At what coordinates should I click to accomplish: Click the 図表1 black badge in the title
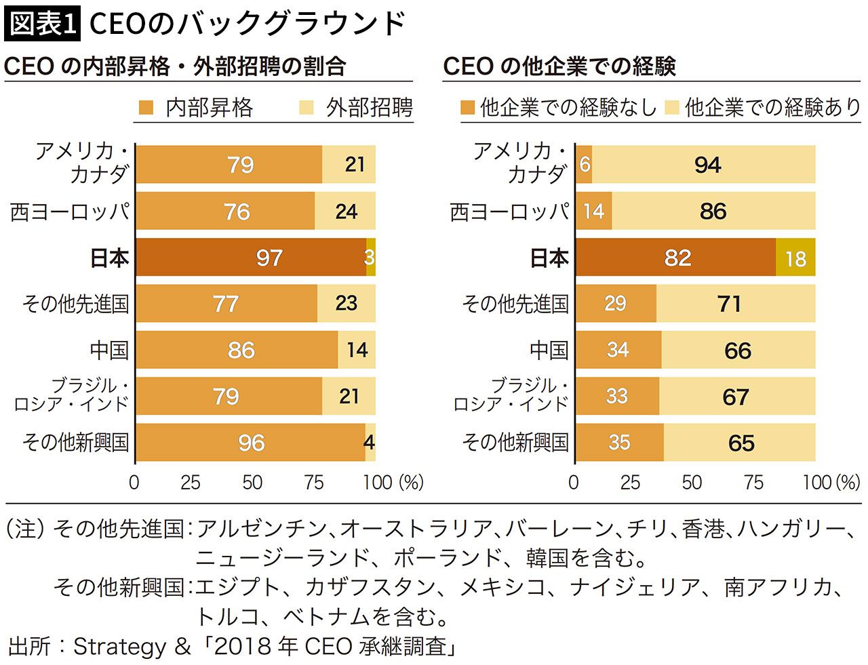(42, 23)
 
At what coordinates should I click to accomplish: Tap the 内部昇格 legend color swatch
(146, 108)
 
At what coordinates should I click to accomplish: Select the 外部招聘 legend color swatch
(307, 108)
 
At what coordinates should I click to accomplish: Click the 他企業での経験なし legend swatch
(467, 108)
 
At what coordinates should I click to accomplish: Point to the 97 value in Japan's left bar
(269, 258)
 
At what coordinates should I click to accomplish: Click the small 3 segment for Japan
(371, 258)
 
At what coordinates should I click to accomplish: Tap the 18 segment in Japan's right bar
(795, 258)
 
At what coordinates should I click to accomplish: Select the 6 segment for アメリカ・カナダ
(584, 165)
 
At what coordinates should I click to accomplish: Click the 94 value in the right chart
(707, 165)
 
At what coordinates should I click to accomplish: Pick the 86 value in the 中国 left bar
(241, 350)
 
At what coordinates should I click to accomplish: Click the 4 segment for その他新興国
(370, 443)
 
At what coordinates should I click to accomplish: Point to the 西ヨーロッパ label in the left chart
(70, 211)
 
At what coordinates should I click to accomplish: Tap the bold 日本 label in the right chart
(549, 258)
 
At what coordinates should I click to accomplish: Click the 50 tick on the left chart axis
(252, 483)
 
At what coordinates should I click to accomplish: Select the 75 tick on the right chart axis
(753, 483)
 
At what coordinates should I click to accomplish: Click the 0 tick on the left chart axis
(134, 483)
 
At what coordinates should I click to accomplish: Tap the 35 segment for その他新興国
(620, 443)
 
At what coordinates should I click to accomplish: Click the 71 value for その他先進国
(730, 304)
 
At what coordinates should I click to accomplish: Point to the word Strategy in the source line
(119, 647)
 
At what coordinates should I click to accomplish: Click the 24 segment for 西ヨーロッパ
(345, 211)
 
